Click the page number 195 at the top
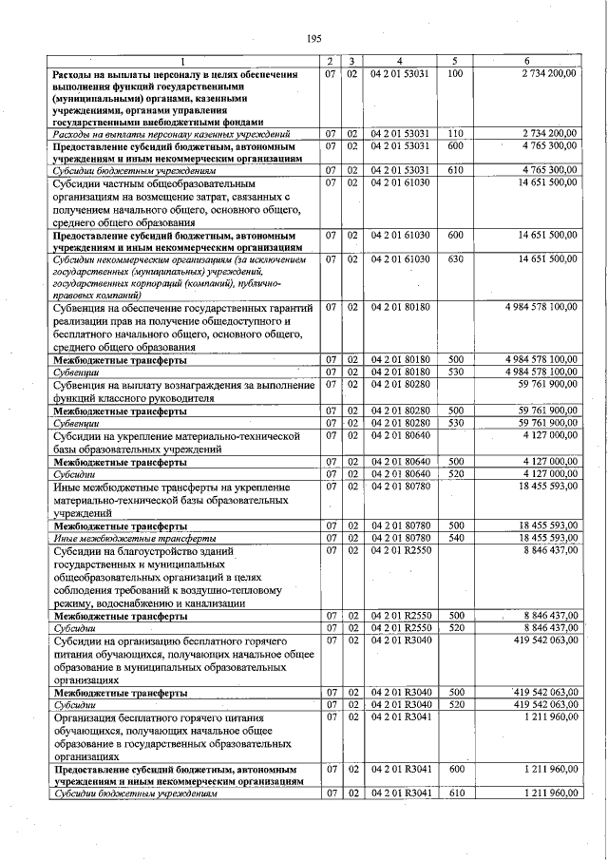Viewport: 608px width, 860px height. coord(314,38)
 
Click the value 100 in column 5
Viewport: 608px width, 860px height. coord(454,73)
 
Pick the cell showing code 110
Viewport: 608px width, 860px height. coord(454,133)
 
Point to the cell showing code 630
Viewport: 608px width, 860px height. coord(455,258)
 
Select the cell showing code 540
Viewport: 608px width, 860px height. coord(455,538)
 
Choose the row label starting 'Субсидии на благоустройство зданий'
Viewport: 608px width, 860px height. coord(142,549)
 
